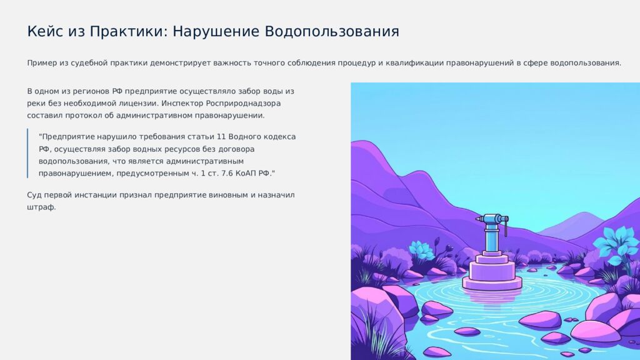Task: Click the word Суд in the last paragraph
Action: pos(35,195)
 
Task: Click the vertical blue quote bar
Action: pos(28,154)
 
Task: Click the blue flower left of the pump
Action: pos(422,250)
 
